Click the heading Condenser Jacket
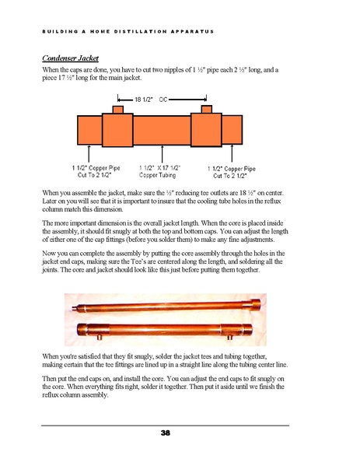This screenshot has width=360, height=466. pyautogui.click(x=71, y=58)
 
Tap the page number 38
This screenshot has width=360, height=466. pyautogui.click(x=166, y=433)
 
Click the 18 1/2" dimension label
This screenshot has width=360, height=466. pyautogui.click(x=144, y=100)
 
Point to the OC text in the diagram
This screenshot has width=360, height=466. pyautogui.click(x=163, y=100)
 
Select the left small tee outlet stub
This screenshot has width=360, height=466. pyautogui.click(x=118, y=110)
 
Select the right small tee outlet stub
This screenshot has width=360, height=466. pyautogui.click(x=206, y=109)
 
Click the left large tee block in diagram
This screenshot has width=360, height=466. pyautogui.click(x=117, y=130)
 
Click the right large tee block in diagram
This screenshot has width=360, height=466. pyautogui.click(x=206, y=130)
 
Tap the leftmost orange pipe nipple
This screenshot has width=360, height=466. pyautogui.click(x=89, y=130)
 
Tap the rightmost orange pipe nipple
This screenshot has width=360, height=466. pyautogui.click(x=232, y=130)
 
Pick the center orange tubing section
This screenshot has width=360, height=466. pyautogui.click(x=162, y=131)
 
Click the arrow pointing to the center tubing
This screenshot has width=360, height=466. pyautogui.click(x=162, y=154)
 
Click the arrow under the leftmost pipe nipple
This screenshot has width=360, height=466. pyautogui.click(x=89, y=153)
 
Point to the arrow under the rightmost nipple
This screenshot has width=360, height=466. pyautogui.click(x=232, y=153)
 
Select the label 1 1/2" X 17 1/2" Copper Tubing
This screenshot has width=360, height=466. pyautogui.click(x=159, y=171)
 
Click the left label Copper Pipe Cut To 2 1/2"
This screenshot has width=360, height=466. pyautogui.click(x=96, y=171)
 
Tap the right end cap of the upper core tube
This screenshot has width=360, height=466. pyautogui.click(x=255, y=304)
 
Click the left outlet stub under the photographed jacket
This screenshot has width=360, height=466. pyautogui.click(x=100, y=337)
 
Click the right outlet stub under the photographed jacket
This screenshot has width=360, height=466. pyautogui.click(x=229, y=337)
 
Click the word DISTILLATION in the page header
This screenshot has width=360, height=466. pyautogui.click(x=141, y=31)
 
